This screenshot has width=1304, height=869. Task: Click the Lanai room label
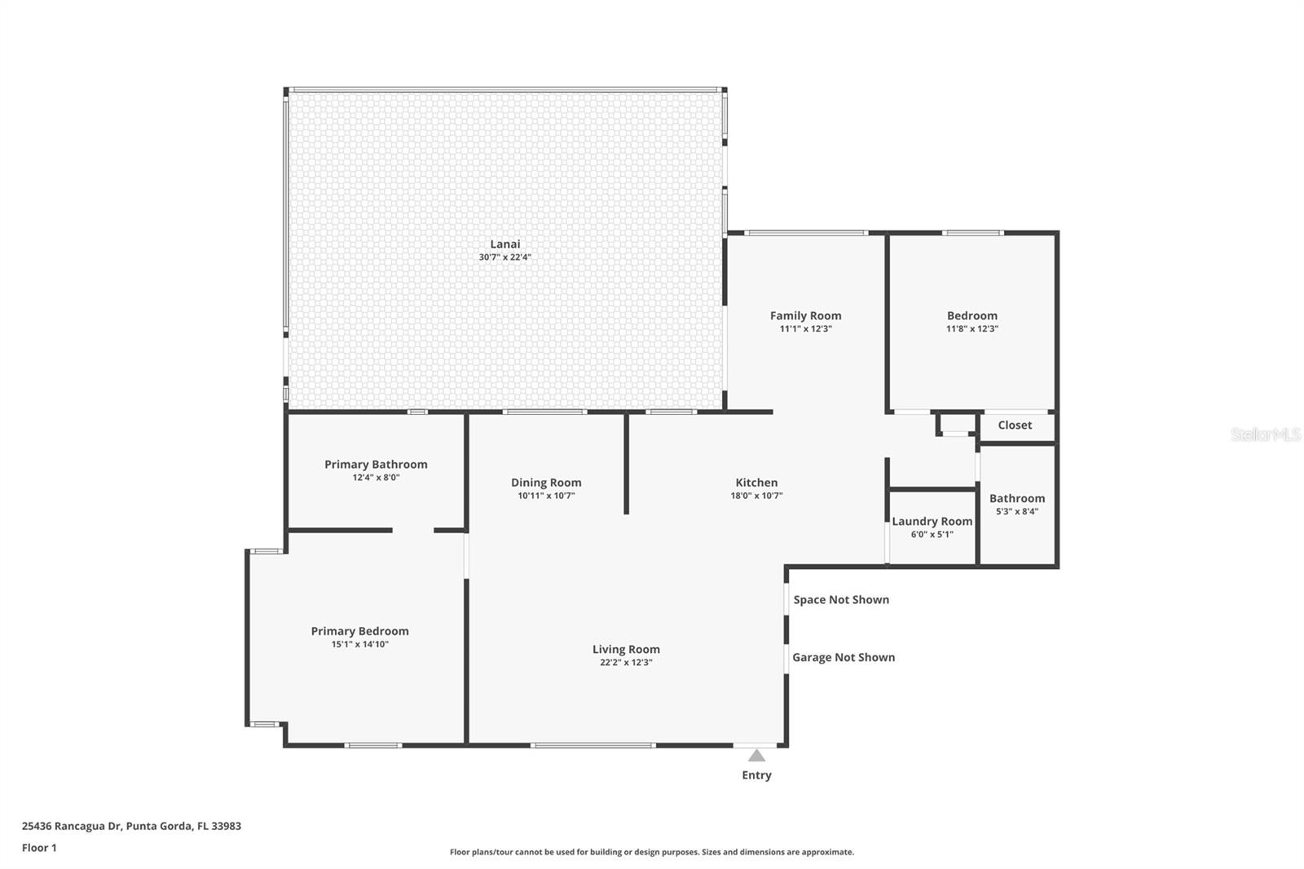pyautogui.click(x=504, y=244)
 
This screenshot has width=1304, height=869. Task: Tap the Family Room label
pyautogui.click(x=805, y=315)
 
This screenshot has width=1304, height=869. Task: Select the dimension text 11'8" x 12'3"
pyautogui.click(x=971, y=329)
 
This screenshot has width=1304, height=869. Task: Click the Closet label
pyautogui.click(x=1015, y=426)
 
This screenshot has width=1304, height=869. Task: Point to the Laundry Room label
pyautogui.click(x=932, y=522)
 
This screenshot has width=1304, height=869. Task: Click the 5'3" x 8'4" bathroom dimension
pyautogui.click(x=1016, y=512)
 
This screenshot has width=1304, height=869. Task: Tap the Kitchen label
pyautogui.click(x=756, y=483)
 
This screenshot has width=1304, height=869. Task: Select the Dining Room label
pyautogui.click(x=546, y=483)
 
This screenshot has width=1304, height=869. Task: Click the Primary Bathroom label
pyautogui.click(x=376, y=465)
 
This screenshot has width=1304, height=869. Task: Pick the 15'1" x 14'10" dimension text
pyautogui.click(x=359, y=645)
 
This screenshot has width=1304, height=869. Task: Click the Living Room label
pyautogui.click(x=626, y=650)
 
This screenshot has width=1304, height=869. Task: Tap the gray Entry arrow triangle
pyautogui.click(x=756, y=756)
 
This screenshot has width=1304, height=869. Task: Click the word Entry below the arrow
pyautogui.click(x=756, y=775)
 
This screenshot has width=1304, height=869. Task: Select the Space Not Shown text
pyautogui.click(x=841, y=600)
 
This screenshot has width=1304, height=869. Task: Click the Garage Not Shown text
pyautogui.click(x=844, y=658)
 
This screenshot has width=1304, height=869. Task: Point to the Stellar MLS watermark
pyautogui.click(x=1265, y=434)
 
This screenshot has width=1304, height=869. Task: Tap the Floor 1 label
pyautogui.click(x=39, y=848)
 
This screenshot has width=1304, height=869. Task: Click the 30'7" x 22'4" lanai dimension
pyautogui.click(x=504, y=258)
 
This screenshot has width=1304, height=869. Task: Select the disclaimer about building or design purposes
pyautogui.click(x=652, y=853)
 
